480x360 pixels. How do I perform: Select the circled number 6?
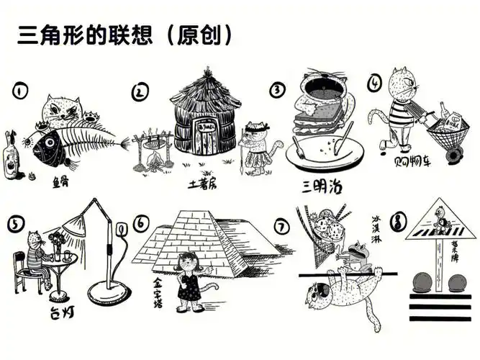[x=142, y=224]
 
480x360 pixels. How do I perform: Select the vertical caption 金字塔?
[x=158, y=293]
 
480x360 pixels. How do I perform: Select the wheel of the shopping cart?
[x=453, y=154]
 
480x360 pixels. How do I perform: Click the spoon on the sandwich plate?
[x=342, y=137]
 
